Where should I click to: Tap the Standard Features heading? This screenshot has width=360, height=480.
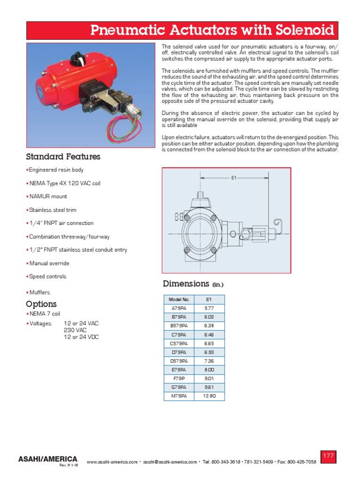(x=63, y=157)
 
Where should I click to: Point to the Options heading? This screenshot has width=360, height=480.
(x=41, y=304)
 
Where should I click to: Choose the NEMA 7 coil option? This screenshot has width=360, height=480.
(x=44, y=313)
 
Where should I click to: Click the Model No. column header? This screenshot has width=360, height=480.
(x=178, y=299)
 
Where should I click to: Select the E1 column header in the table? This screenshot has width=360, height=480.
(x=209, y=299)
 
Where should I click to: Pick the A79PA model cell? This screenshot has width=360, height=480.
(x=178, y=308)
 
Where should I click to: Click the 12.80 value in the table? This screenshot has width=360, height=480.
(x=209, y=396)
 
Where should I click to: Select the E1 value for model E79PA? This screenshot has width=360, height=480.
(x=209, y=370)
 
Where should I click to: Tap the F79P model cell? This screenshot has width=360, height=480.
(x=178, y=379)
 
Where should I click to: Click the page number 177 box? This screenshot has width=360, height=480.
(x=328, y=456)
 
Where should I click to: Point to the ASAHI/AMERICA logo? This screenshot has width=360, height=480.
(x=47, y=458)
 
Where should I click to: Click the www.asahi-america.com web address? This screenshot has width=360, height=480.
(x=112, y=462)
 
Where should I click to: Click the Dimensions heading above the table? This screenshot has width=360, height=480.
(x=186, y=284)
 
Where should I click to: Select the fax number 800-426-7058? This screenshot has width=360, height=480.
(x=300, y=462)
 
